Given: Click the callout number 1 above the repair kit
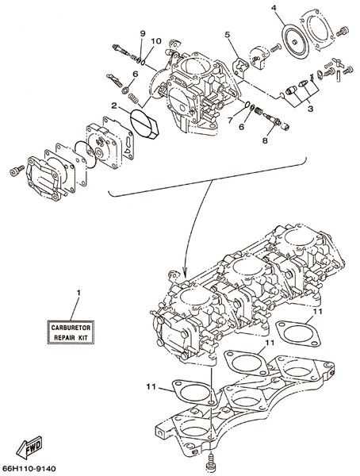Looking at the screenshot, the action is tap(79, 293).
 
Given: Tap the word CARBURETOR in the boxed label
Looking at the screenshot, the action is tap(71, 328).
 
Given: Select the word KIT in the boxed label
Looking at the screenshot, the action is tap(82, 338).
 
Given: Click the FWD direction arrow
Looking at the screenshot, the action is tap(29, 447).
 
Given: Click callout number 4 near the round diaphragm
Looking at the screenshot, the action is tap(274, 8).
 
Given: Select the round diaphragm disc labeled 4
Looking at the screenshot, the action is tap(295, 41).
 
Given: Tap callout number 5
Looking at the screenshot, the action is tap(228, 35).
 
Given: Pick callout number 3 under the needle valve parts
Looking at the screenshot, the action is tap(310, 109).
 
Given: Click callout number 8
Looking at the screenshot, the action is tap(265, 140).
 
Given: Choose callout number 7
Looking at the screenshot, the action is tap(230, 121).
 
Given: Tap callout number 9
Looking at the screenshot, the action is tap(143, 33).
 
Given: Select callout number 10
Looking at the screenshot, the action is tap(157, 41).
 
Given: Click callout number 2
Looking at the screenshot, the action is tap(114, 106).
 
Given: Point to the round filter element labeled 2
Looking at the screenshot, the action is tap(144, 124).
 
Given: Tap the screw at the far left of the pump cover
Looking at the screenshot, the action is tap(17, 171).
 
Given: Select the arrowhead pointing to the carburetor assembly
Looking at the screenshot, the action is tap(184, 272).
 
